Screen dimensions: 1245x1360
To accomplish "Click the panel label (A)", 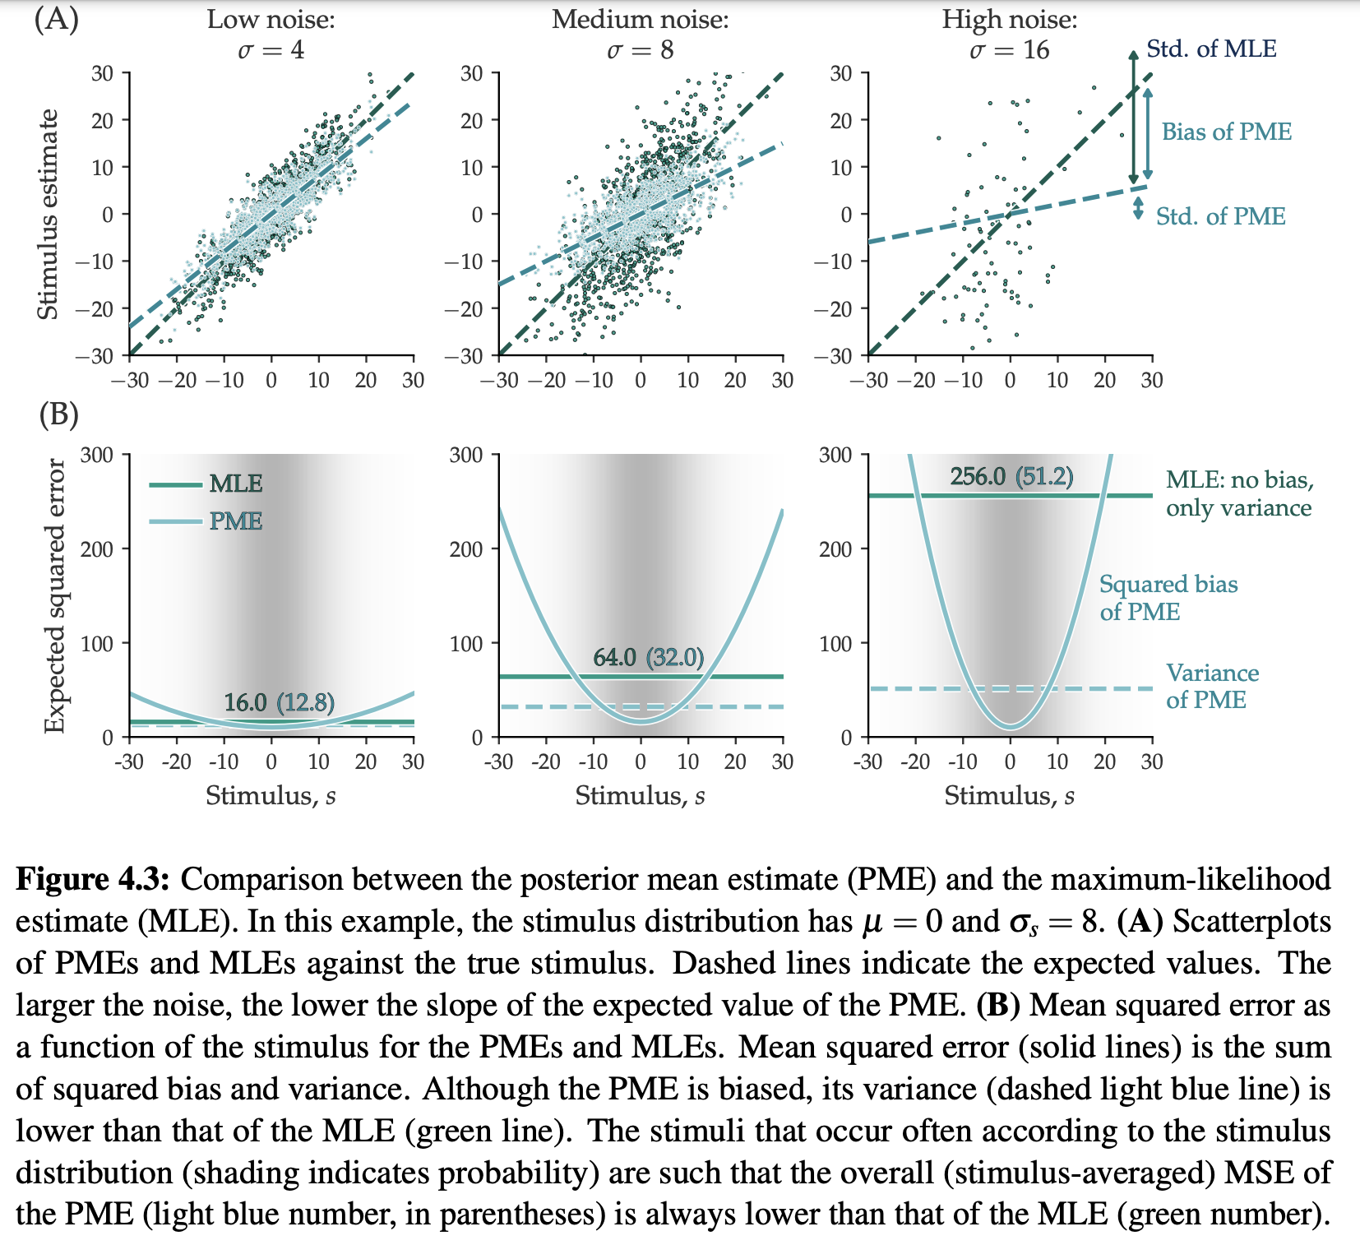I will click(x=57, y=18).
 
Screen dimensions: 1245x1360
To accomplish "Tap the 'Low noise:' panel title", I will click(x=271, y=19).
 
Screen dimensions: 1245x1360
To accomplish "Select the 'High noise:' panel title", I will click(x=1009, y=19).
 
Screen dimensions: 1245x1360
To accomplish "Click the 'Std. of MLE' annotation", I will click(x=1211, y=49).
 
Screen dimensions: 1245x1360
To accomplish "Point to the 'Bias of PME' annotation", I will click(x=1226, y=132).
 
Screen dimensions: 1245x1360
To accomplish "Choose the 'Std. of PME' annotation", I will click(x=1220, y=216).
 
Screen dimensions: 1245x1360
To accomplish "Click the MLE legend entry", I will click(x=235, y=484).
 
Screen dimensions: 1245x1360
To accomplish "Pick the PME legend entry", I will click(x=235, y=521).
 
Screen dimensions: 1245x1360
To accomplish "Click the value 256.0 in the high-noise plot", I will click(x=978, y=477).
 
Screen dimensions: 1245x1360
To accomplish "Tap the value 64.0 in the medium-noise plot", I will click(x=614, y=657).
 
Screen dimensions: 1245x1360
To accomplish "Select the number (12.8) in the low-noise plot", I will click(x=305, y=702).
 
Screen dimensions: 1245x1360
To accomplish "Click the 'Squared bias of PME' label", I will click(x=1168, y=598).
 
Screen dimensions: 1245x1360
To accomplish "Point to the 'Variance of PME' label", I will click(x=1212, y=686).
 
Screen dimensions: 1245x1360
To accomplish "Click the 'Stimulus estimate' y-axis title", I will click(x=49, y=214).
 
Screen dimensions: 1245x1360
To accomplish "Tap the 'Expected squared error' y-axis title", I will click(x=54, y=595).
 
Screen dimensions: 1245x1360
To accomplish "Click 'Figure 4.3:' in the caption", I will click(x=93, y=879).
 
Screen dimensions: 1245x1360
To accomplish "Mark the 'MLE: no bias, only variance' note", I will click(x=1238, y=493).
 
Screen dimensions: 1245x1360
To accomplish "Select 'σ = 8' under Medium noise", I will click(x=640, y=50).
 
